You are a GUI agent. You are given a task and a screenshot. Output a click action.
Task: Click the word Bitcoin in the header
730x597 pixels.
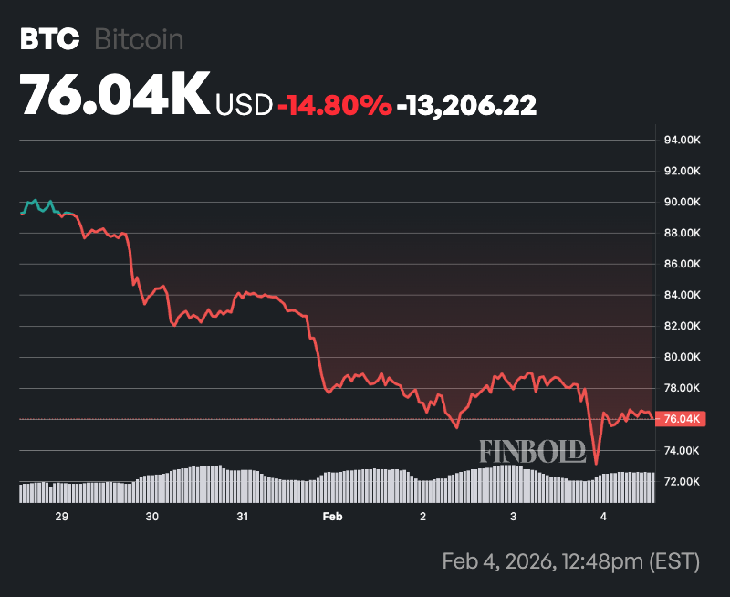139,39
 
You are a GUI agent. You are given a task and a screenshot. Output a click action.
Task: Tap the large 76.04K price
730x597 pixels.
115,94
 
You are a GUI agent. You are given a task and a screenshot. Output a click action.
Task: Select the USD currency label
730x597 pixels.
244,105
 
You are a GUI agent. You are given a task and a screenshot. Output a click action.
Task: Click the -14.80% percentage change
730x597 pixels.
335,105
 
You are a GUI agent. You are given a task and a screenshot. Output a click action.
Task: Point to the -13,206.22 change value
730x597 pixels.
466,105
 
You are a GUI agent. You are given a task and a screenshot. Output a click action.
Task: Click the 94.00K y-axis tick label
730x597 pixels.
682,141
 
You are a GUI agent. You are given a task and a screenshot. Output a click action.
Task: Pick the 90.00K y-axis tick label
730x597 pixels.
682,203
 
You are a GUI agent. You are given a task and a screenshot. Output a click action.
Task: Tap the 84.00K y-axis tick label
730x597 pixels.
682,295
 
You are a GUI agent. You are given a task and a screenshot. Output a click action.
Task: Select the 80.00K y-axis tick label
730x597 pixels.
682,357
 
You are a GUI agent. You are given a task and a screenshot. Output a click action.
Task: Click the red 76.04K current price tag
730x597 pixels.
681,419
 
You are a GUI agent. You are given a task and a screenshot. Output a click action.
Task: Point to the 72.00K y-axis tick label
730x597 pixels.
682,481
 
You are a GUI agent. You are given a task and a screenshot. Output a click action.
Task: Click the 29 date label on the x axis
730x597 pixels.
62,517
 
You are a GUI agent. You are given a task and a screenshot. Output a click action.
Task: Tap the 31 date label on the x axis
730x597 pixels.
243,517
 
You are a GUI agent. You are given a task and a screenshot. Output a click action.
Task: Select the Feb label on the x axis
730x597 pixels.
332,517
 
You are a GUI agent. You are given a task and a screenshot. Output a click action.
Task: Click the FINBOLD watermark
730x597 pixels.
533,451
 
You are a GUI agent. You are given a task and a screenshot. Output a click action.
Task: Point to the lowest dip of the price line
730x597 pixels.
596,463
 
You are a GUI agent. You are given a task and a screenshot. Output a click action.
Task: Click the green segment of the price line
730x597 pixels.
38,204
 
